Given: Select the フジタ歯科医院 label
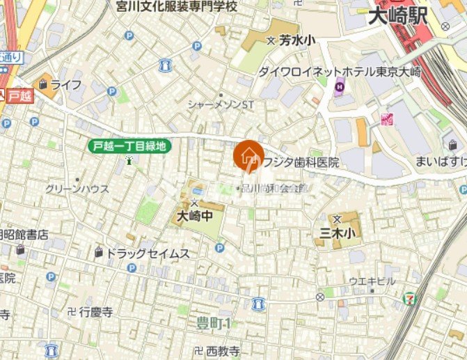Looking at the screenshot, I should pos(300,162).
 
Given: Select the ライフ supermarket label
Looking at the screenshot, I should pos(65,85).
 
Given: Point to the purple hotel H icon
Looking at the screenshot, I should pos(340,87).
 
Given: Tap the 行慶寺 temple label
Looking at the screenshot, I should pos(95,312).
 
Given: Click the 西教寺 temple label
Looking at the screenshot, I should pos(223,351).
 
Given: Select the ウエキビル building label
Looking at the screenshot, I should pos(372,281).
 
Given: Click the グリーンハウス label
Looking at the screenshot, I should pos(77,189).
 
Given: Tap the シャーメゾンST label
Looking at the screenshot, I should pos(221,104).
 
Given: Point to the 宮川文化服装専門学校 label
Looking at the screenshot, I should pos(177,6).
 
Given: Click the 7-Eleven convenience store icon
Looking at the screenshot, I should pos(411,297).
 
